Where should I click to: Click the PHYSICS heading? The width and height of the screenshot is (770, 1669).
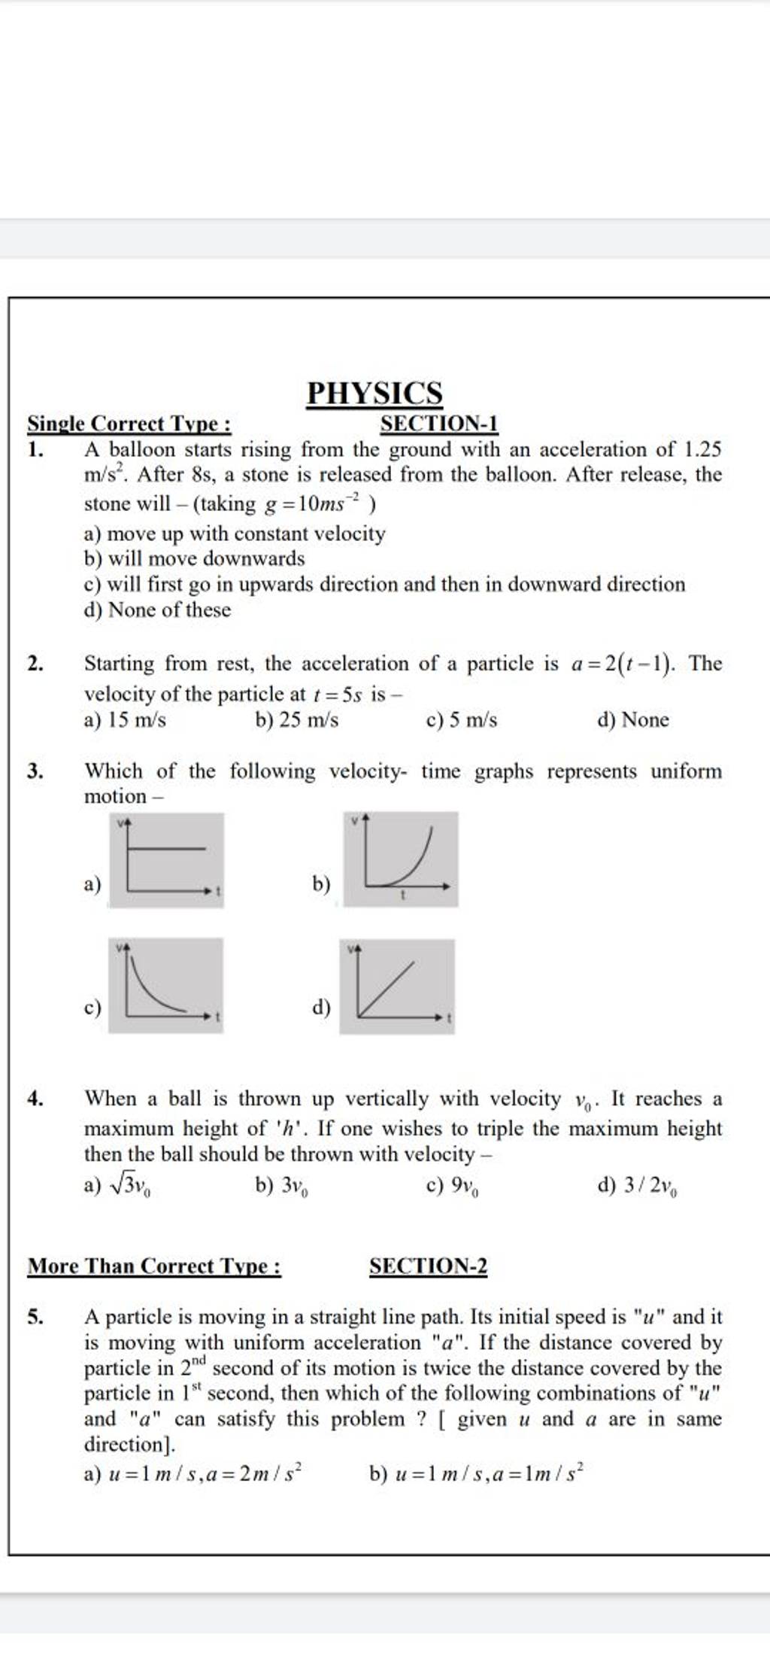(x=374, y=394)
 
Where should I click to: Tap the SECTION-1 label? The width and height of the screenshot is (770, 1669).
(x=439, y=425)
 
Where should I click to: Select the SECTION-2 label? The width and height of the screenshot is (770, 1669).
(x=429, y=1266)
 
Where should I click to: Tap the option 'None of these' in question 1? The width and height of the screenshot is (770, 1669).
(x=169, y=610)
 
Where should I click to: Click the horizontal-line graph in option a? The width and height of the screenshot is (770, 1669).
(x=166, y=859)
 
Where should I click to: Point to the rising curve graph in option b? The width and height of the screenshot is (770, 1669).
(x=401, y=859)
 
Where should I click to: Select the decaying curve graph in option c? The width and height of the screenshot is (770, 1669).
(x=165, y=984)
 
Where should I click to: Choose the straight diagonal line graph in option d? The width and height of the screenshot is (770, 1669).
(x=397, y=986)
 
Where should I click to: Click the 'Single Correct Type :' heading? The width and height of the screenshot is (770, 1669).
(x=129, y=425)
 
